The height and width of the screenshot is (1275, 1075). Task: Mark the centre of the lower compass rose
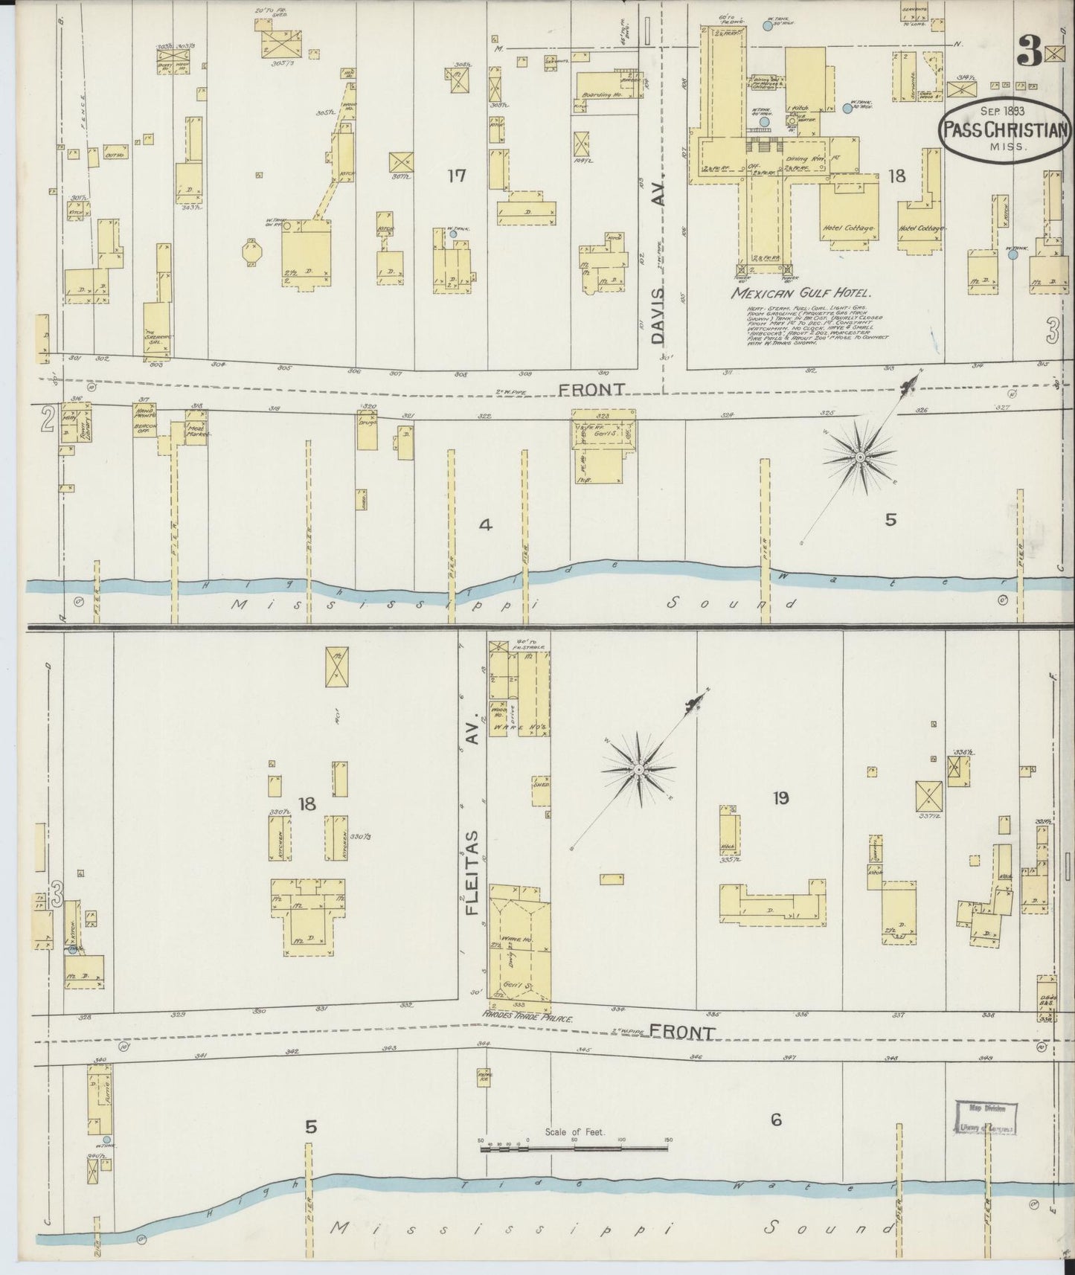pos(638,768)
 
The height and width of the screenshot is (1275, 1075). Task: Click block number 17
pos(456,176)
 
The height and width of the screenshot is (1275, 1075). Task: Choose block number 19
pos(780,798)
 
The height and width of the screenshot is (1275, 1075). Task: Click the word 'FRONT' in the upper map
pos(591,389)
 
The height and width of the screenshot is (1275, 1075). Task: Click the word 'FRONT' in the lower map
pos(681,1032)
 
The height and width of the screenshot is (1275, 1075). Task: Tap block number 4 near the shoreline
pos(485,525)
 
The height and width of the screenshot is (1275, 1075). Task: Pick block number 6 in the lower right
pos(776,1120)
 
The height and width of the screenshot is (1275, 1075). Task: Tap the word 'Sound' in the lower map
pos(832,1227)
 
